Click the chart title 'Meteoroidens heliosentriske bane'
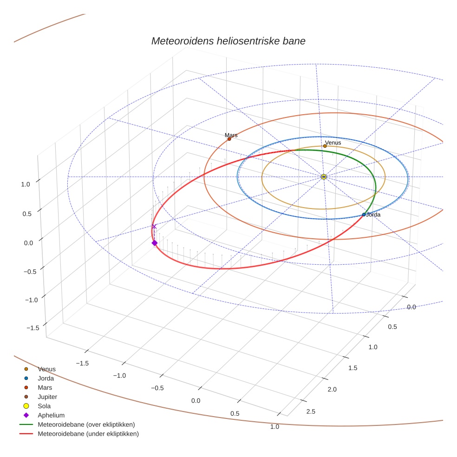pos(228,41)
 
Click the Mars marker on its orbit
pos(229,139)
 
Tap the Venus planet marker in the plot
pos(325,146)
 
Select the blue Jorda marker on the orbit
pos(364,215)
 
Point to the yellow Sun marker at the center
pos(324,177)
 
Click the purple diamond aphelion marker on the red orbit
pos(155,243)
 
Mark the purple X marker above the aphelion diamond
pos(154,226)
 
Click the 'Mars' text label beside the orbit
pos(231,135)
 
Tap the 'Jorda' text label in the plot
pos(373,215)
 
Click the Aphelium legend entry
pos(51,415)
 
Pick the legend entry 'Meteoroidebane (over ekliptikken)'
pos(86,424)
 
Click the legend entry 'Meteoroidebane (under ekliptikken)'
pos(88,434)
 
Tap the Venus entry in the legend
pos(46,369)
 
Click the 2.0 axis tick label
pos(331,389)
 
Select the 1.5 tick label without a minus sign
pos(353,368)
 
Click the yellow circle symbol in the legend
pos(26,406)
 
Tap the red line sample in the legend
pos(26,434)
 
